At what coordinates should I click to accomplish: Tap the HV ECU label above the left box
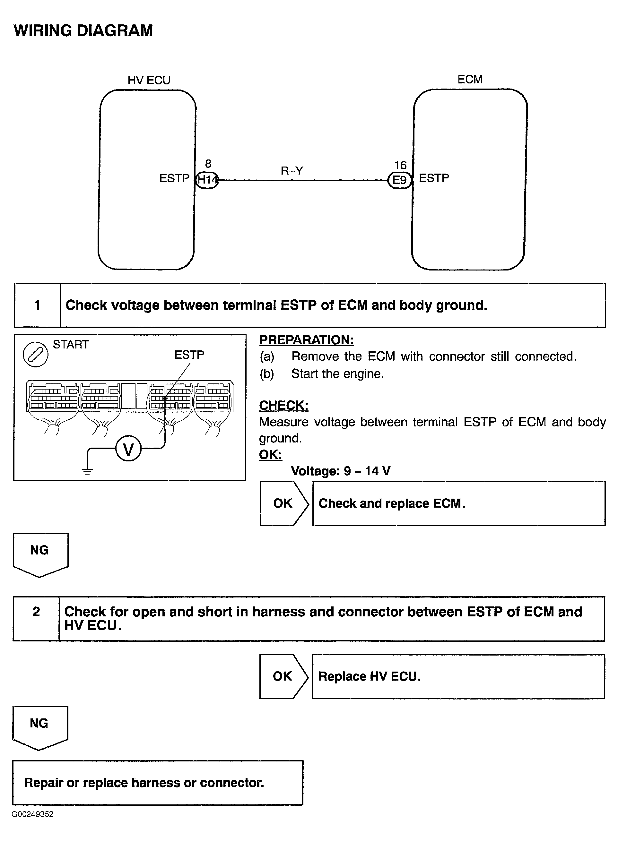[x=149, y=81]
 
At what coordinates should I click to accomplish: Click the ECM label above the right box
[x=470, y=79]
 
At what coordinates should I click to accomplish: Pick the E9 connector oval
[x=399, y=180]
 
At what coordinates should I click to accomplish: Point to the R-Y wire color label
[x=292, y=171]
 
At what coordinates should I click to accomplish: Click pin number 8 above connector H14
[x=208, y=164]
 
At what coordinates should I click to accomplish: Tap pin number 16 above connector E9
[x=400, y=165]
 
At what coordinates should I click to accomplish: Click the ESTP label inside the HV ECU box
[x=174, y=178]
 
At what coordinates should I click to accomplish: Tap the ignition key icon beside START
[x=36, y=354]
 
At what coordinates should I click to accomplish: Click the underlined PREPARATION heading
[x=306, y=340]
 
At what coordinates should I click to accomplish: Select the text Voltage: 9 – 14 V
[x=340, y=471]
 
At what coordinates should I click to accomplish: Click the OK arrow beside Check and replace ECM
[x=283, y=503]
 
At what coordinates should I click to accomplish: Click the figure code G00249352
[x=32, y=814]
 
